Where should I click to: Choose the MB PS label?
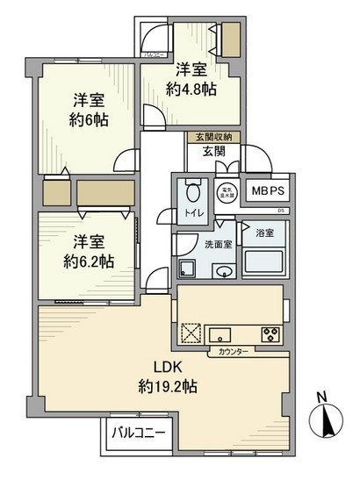(268, 191)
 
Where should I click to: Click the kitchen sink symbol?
(220, 333)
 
